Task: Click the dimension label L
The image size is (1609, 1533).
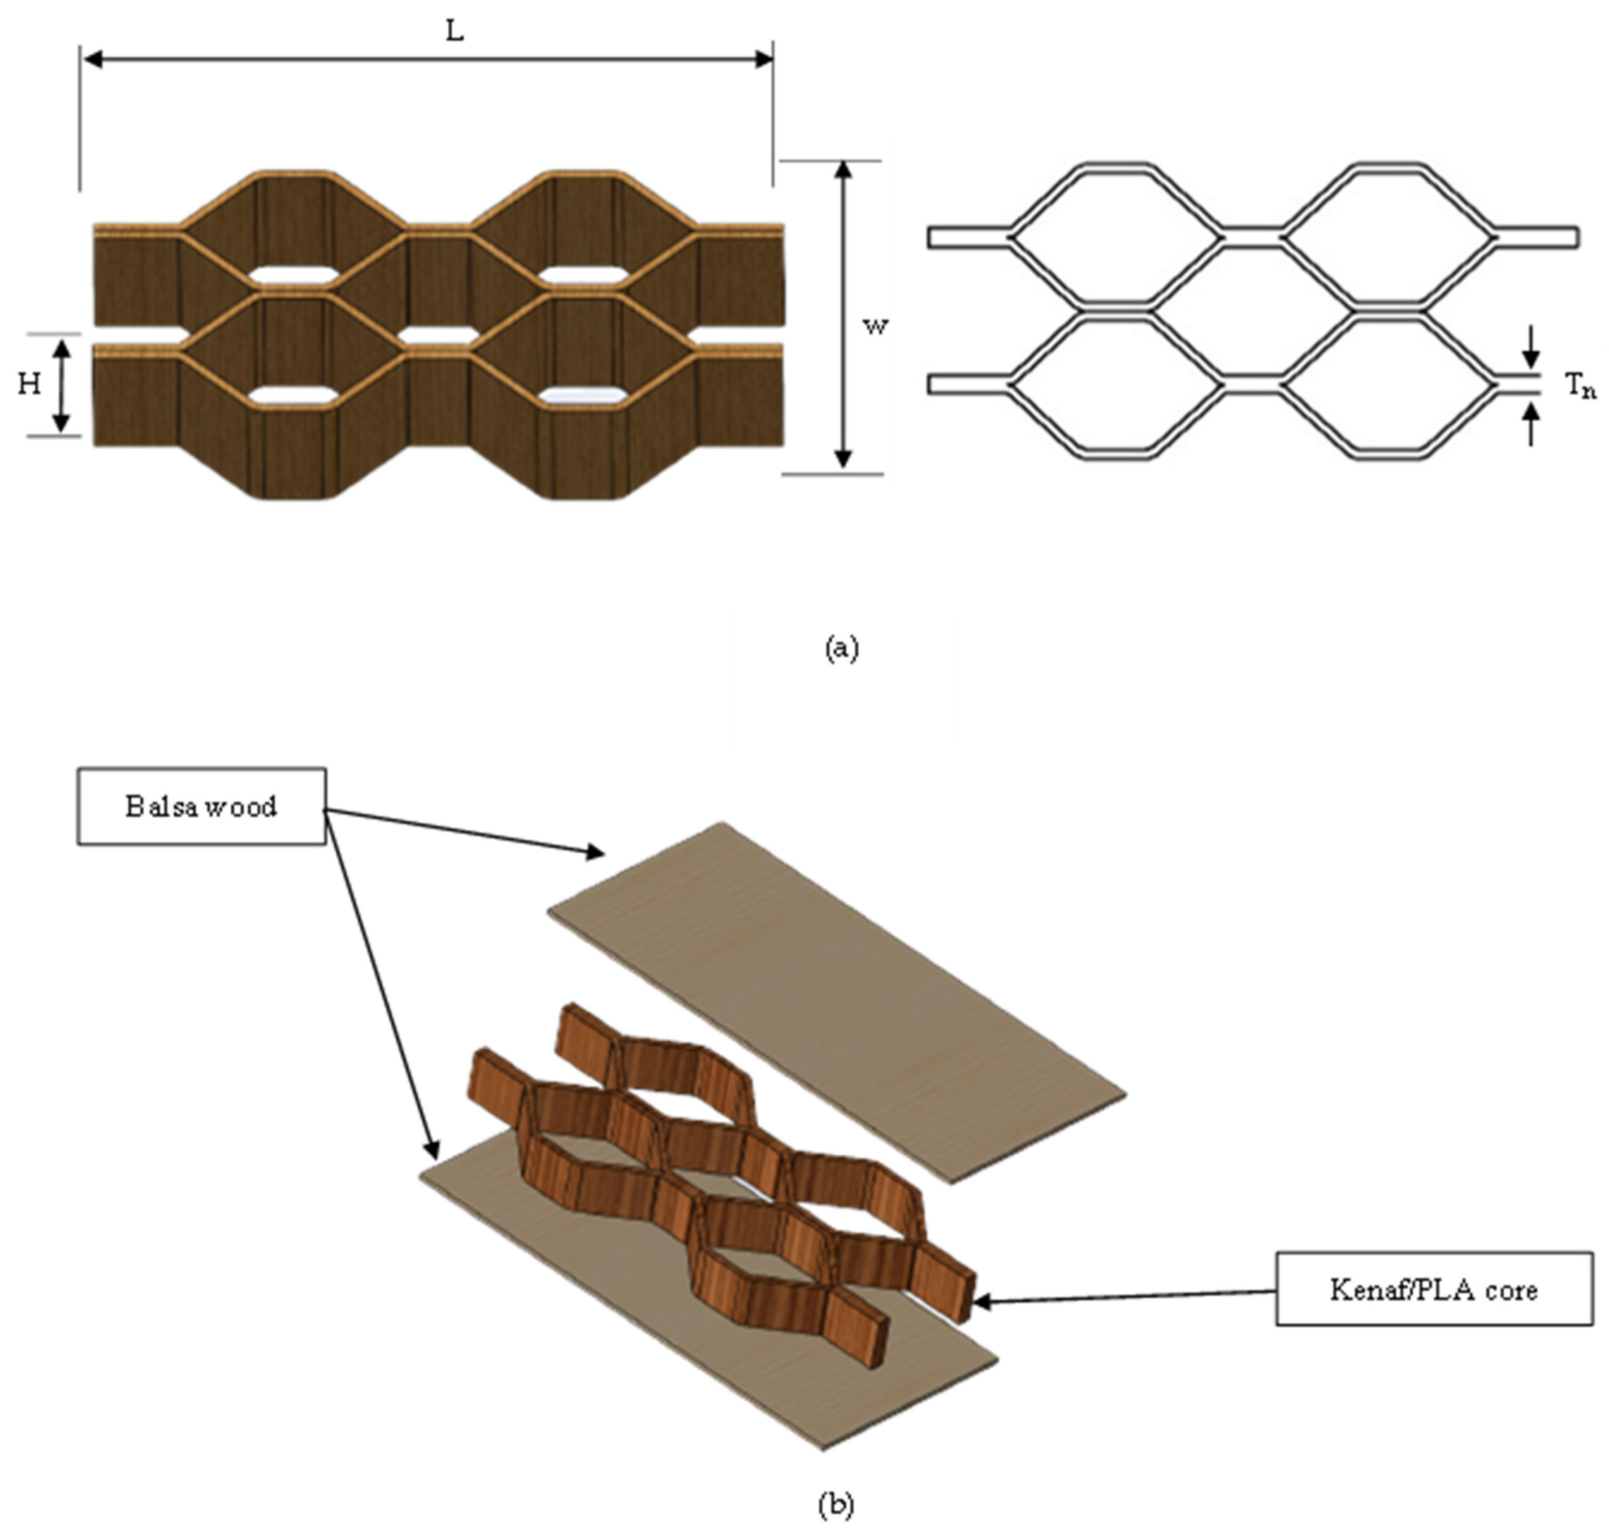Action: coord(454,32)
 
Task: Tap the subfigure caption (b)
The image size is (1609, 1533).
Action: coord(835,1503)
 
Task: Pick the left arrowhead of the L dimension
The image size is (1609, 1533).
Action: coord(91,59)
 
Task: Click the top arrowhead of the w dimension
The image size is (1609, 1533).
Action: coord(844,169)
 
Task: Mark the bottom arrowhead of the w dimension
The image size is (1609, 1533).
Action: coord(844,462)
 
